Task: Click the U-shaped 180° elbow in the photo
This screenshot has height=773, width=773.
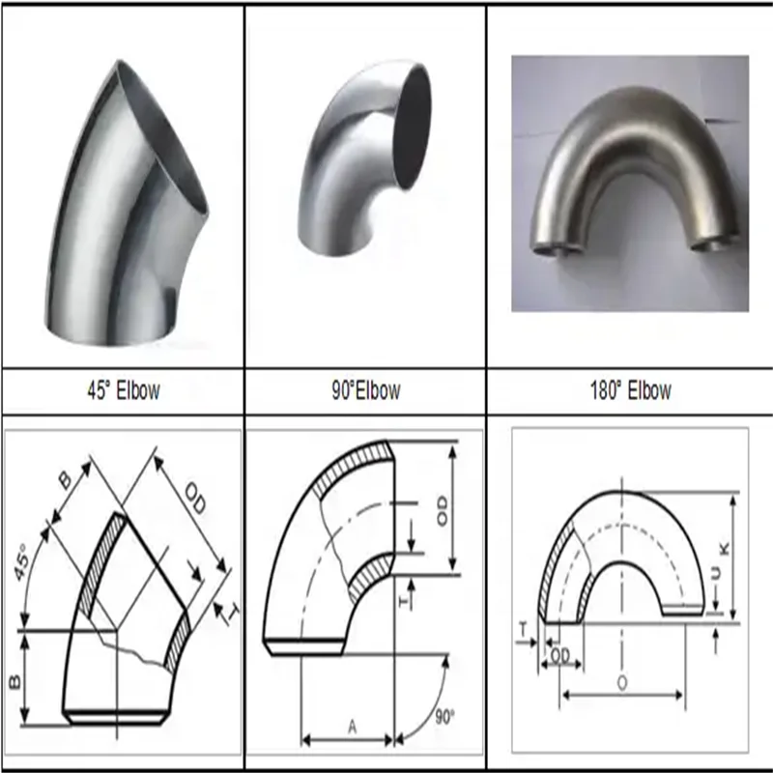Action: coord(627,164)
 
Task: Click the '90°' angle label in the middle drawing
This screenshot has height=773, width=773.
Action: coord(444,717)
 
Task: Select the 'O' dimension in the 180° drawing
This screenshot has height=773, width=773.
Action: coord(622,682)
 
